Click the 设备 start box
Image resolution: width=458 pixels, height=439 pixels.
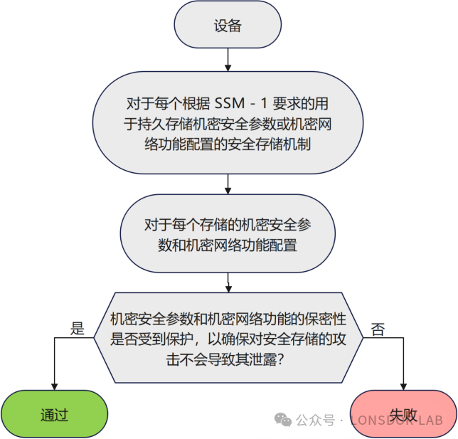tap(228, 26)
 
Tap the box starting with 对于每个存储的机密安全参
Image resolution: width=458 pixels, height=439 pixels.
tap(228, 236)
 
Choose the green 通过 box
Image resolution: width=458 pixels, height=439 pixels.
tap(54, 414)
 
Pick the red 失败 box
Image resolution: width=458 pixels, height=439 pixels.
tap(403, 414)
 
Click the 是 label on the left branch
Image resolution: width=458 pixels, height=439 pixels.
tap(78, 329)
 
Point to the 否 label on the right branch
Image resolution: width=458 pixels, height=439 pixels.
tap(378, 329)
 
